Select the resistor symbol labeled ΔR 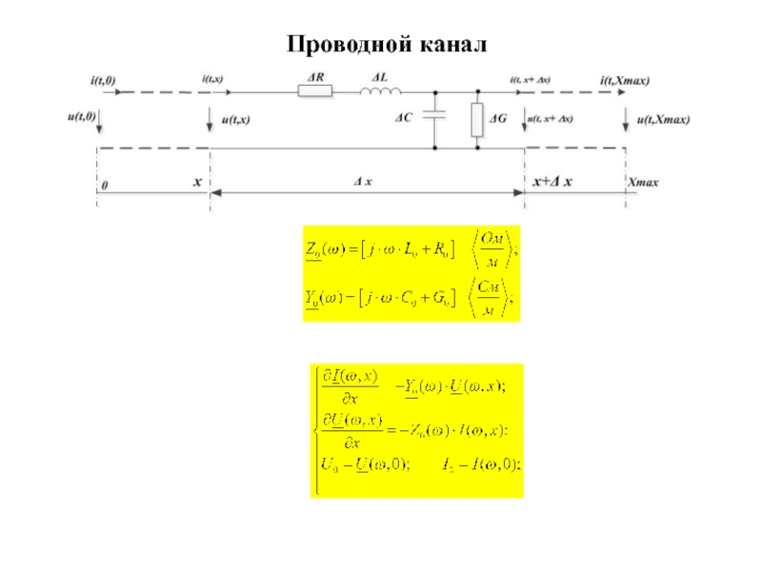(x=315, y=92)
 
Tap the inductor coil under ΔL (x=380, y=92)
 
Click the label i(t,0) (x=103, y=82)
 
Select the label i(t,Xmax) (x=625, y=82)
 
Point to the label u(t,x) (x=235, y=120)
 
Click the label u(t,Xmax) (x=663, y=120)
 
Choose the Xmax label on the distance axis (x=643, y=182)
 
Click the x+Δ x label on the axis (x=551, y=181)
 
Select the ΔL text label (x=379, y=76)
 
